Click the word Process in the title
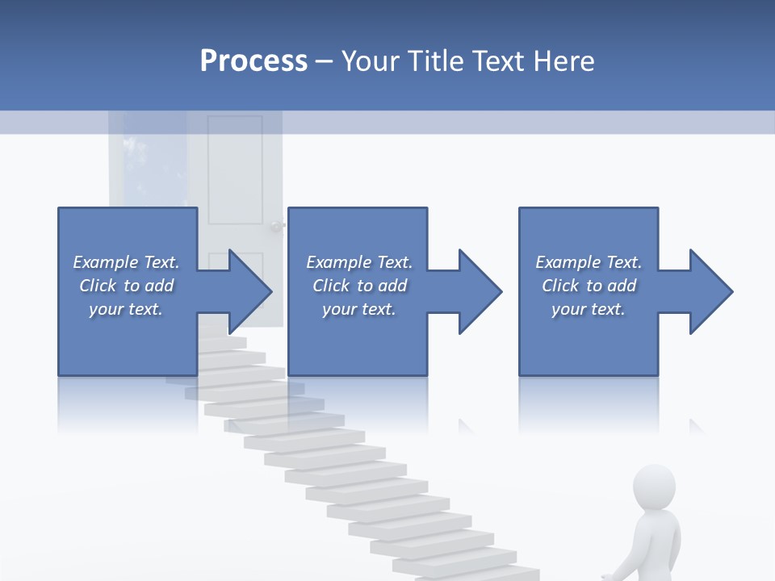point(253,61)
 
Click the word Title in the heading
point(437,61)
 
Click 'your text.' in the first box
point(126,309)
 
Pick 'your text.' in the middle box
point(359,309)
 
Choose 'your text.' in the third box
point(589,309)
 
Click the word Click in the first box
point(98,286)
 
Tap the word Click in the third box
point(560,286)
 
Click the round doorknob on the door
point(279,226)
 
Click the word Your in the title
point(371,61)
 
